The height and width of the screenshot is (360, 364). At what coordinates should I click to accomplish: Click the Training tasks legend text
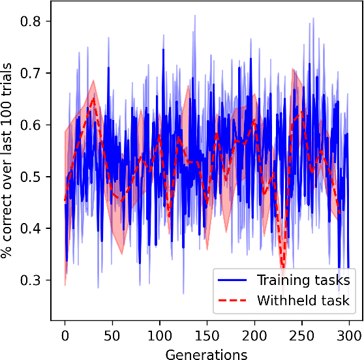coord(303,280)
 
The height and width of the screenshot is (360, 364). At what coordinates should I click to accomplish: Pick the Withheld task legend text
coord(303,301)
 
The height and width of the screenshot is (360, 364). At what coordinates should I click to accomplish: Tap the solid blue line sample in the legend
coord(234,280)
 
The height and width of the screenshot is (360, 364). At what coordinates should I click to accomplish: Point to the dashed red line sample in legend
coord(234,301)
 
